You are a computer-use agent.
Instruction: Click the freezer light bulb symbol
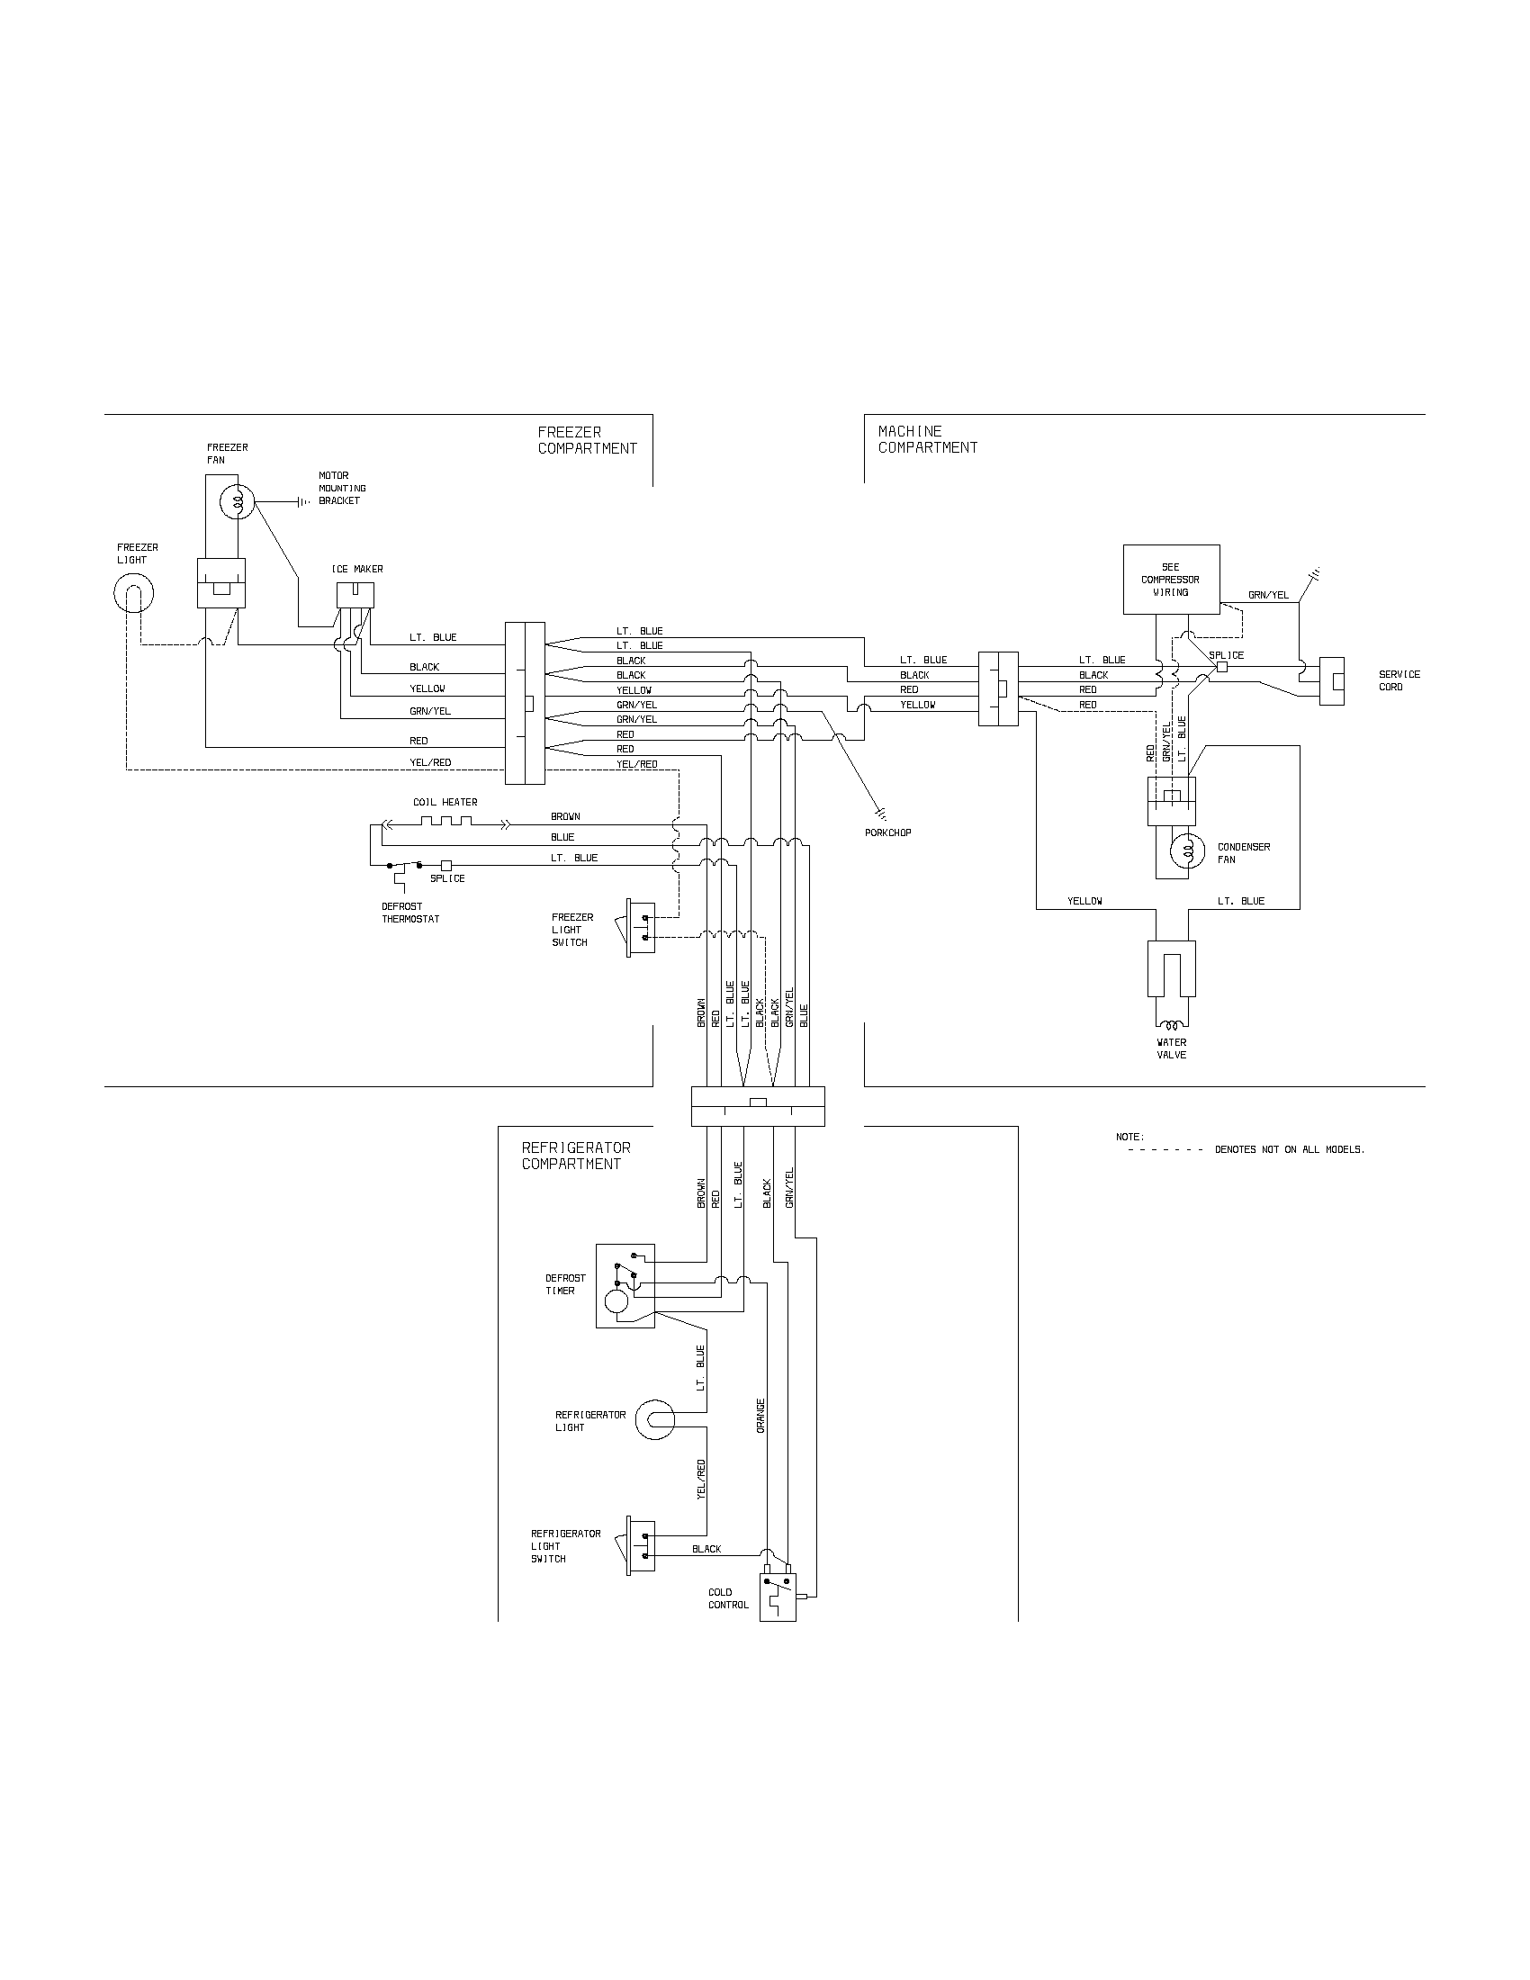tap(133, 594)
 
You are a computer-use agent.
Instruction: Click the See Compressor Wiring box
tap(1170, 580)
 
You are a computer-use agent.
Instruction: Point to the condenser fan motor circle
tap(1187, 850)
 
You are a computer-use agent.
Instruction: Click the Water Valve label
tap(1171, 1048)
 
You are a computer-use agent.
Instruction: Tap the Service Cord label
tap(1399, 681)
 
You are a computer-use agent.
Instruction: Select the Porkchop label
tap(888, 832)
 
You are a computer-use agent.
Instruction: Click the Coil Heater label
tap(445, 802)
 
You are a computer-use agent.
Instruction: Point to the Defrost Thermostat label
tap(410, 913)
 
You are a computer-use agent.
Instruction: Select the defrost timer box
tap(625, 1285)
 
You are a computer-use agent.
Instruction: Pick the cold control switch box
tap(777, 1597)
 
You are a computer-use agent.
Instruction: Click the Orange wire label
tap(760, 1415)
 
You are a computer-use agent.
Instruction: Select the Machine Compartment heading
tap(927, 440)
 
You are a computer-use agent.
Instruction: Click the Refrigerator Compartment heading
tap(576, 1156)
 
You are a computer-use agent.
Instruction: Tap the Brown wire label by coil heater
tap(565, 817)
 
